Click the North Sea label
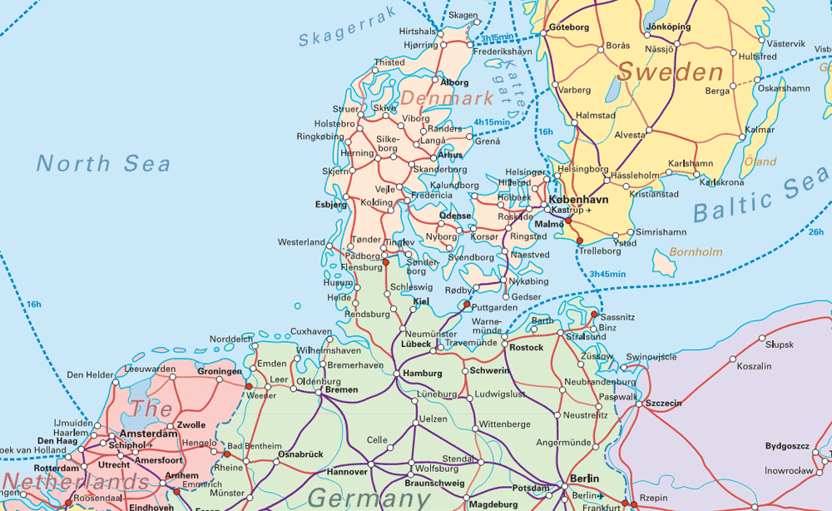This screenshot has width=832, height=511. pyautogui.click(x=103, y=163)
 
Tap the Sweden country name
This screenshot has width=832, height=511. pyautogui.click(x=670, y=72)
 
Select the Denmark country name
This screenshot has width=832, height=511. pyautogui.click(x=447, y=98)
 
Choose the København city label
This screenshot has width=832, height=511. pyautogui.click(x=579, y=200)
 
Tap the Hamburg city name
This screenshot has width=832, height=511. pyautogui.click(x=422, y=374)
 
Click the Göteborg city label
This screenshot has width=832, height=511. pyautogui.click(x=569, y=27)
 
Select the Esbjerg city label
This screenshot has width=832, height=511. pyautogui.click(x=331, y=204)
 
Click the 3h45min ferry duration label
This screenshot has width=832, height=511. pyautogui.click(x=607, y=274)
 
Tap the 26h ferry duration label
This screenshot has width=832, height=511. pyautogui.click(x=815, y=231)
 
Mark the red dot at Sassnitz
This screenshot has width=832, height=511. pyautogui.click(x=593, y=315)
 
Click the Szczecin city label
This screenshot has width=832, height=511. pyautogui.click(x=663, y=403)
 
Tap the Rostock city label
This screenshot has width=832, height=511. pyautogui.click(x=527, y=347)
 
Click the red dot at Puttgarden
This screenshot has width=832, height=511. pyautogui.click(x=466, y=305)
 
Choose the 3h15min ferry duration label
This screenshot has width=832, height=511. pyautogui.click(x=497, y=38)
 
